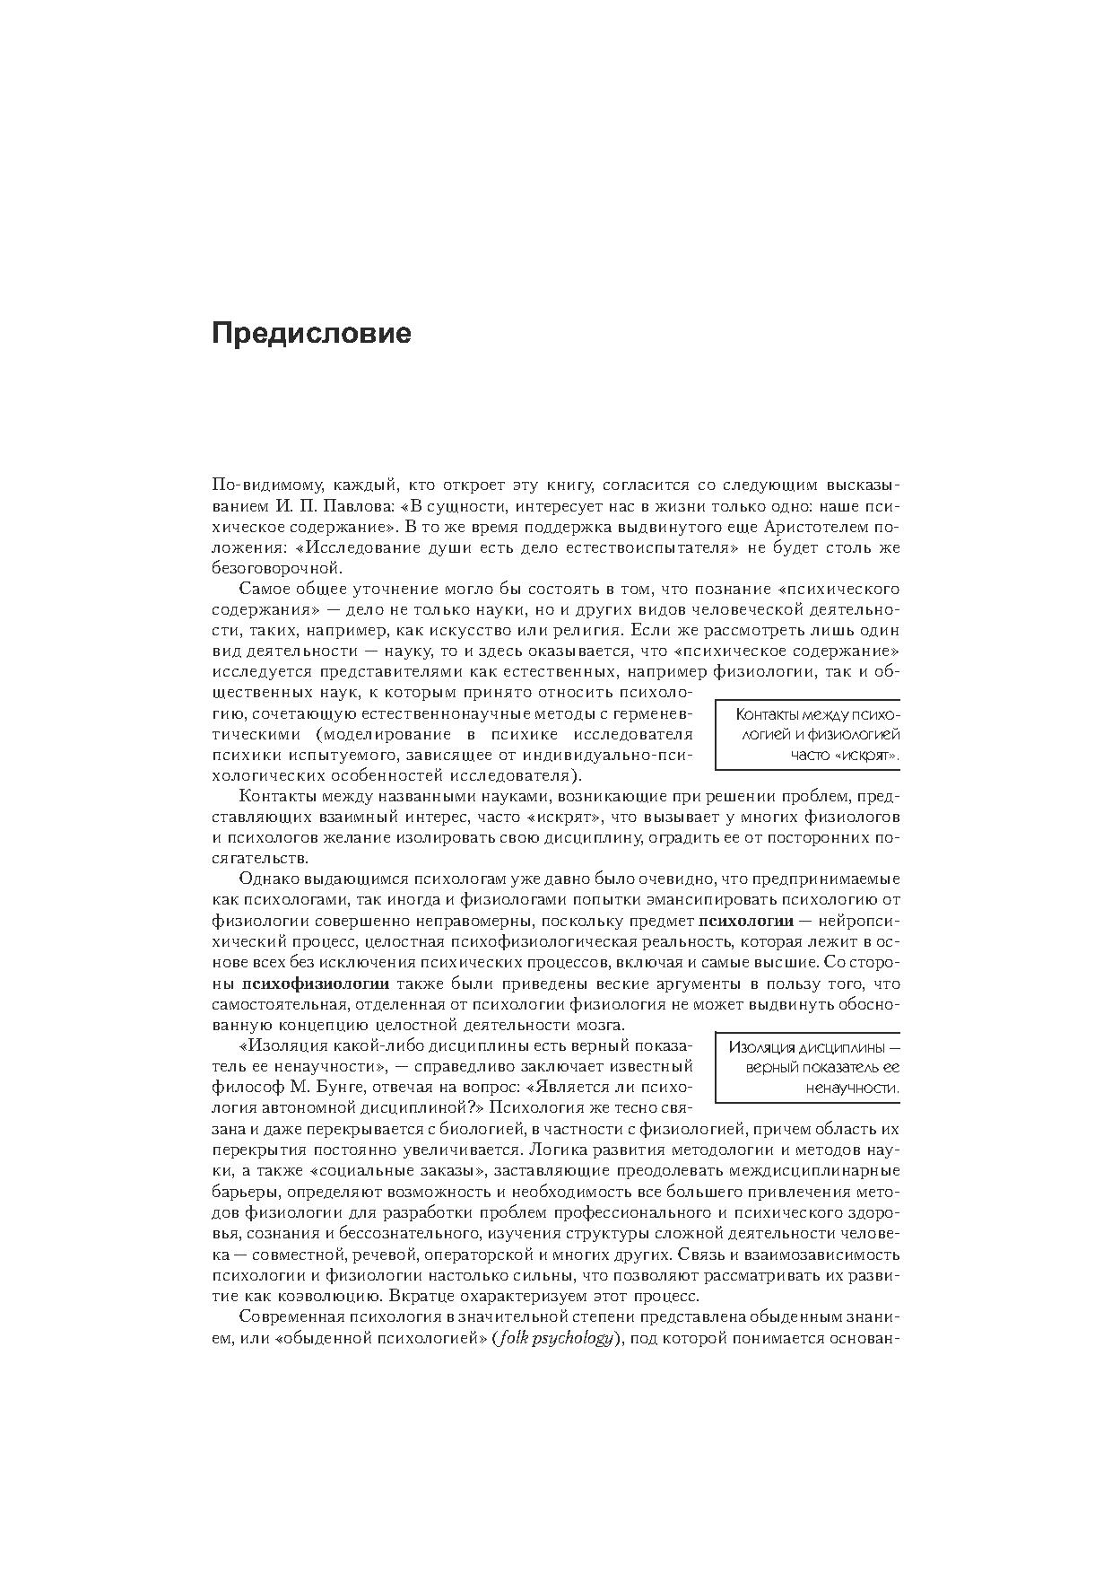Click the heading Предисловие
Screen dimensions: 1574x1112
311,334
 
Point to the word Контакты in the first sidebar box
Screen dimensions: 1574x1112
769,714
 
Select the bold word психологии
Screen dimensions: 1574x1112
746,921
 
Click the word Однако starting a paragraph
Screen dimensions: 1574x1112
270,879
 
